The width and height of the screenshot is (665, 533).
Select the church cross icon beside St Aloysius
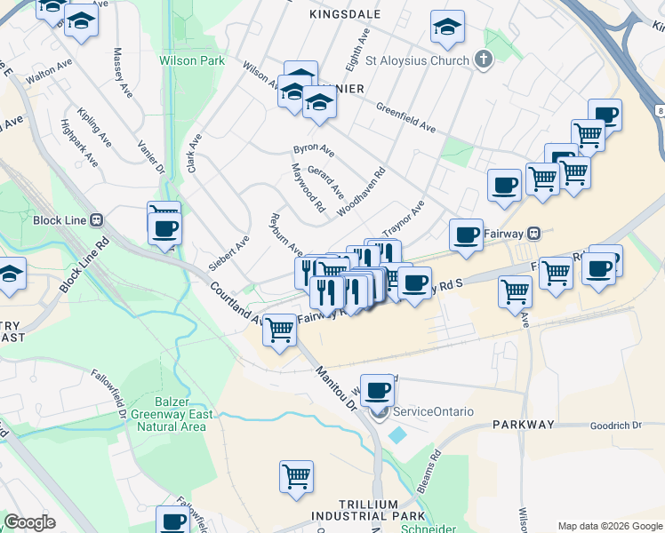coord(484,60)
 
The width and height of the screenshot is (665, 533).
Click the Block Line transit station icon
coord(97,220)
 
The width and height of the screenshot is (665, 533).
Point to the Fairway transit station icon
coord(533,233)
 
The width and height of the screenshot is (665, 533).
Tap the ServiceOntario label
coord(433,411)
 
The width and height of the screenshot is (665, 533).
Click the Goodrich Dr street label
coord(615,426)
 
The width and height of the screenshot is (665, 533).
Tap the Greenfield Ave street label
coord(405,115)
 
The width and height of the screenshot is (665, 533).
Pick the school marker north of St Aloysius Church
coord(447,28)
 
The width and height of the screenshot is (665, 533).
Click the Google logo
coord(29,522)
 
